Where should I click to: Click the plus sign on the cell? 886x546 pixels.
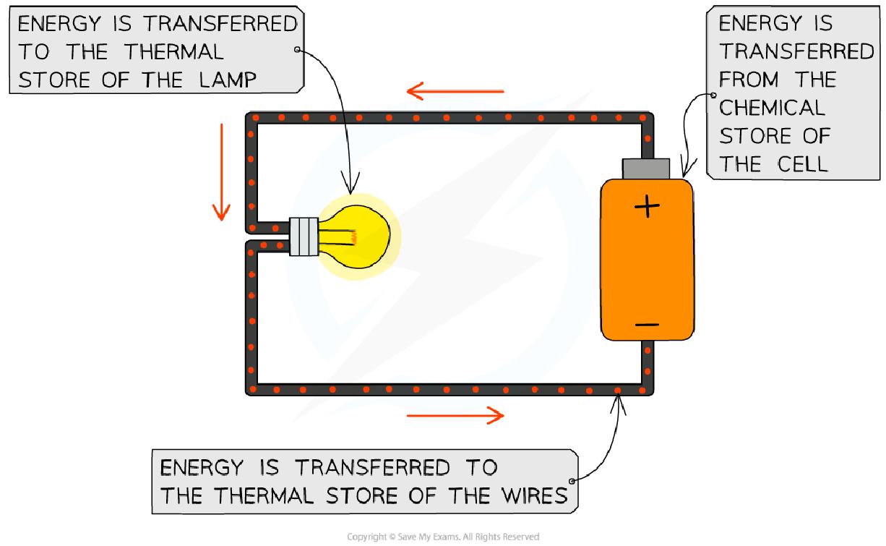click(x=647, y=208)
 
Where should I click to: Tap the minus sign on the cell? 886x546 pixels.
click(x=647, y=325)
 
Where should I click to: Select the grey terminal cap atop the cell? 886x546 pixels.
click(x=647, y=169)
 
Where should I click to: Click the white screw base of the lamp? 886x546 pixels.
click(x=304, y=236)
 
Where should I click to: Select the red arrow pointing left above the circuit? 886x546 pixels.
click(x=455, y=91)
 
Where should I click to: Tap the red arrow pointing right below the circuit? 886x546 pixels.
click(x=455, y=415)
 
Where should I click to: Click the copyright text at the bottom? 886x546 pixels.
click(x=443, y=537)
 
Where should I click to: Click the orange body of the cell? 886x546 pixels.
click(x=647, y=268)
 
